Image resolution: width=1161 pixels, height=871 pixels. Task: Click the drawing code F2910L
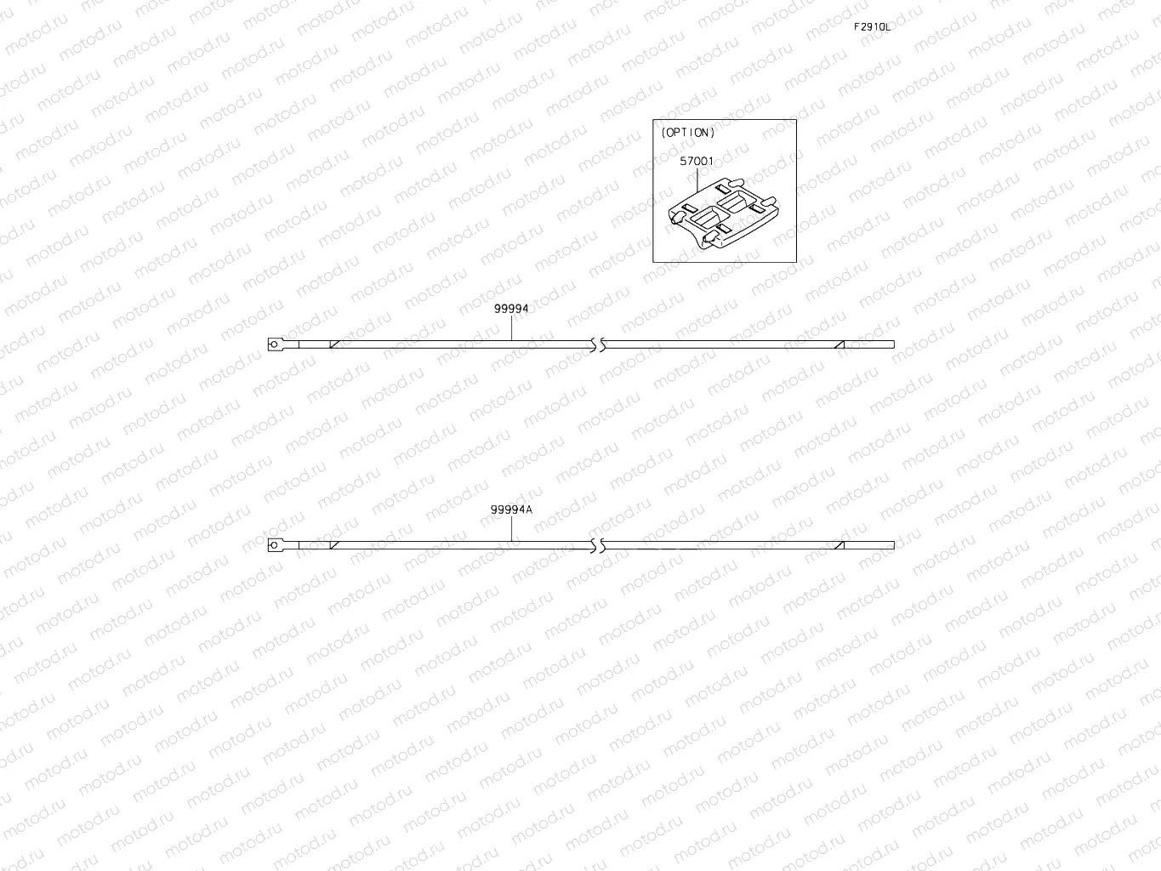872,26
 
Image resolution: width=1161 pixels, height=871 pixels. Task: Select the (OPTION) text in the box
688,133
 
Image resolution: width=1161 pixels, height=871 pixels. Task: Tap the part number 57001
697,161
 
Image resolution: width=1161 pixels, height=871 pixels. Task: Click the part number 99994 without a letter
511,309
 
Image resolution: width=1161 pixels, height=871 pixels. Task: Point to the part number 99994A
511,510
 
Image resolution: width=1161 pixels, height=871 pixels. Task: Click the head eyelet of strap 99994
273,344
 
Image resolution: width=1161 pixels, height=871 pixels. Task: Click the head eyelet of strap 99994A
273,545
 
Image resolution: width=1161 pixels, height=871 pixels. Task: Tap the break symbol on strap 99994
597,344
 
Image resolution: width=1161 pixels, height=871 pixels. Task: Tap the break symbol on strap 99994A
597,545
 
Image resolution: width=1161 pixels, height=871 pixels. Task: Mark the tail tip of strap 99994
891,344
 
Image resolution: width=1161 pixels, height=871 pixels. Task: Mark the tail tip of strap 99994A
891,545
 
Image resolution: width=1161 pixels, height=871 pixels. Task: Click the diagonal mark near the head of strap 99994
334,344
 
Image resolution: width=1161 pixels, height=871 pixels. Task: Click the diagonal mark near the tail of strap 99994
839,344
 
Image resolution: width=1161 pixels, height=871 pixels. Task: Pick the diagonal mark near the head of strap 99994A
334,545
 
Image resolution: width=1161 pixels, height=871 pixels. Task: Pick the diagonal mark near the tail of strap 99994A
839,545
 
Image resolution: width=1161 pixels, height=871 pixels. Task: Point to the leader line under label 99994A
511,529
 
